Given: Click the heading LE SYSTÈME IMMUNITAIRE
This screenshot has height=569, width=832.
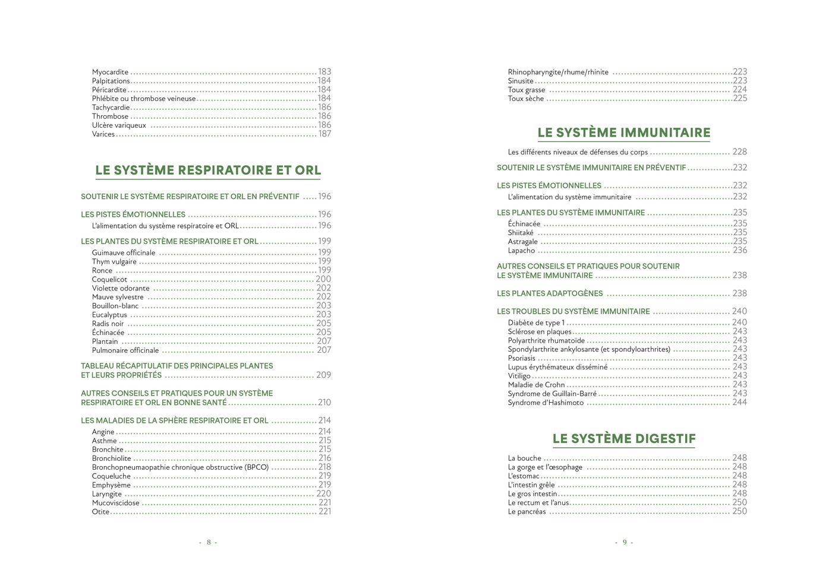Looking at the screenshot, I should [624, 132].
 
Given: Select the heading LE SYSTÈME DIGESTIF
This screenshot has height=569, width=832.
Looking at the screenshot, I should [624, 439].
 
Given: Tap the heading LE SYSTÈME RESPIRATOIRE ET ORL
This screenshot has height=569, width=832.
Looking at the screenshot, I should [208, 170].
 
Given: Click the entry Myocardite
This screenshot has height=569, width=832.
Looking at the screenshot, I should [110, 72].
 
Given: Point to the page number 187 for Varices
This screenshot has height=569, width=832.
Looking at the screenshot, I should [324, 134].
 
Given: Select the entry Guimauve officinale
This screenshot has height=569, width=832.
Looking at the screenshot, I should [124, 252].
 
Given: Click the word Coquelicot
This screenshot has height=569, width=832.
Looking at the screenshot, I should [109, 279].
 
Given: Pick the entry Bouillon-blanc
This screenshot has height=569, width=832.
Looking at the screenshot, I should [115, 306].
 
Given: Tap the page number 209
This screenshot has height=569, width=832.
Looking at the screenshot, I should [324, 375].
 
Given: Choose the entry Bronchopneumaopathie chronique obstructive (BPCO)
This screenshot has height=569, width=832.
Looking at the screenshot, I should [180, 467].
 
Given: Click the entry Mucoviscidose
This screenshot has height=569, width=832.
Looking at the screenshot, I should [115, 502].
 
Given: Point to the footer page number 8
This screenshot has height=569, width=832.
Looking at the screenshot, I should [209, 542].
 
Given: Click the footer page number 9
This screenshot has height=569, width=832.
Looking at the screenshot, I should [624, 542].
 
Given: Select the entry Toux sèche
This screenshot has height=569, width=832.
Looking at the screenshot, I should [526, 99].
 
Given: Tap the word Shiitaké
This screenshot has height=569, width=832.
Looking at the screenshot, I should [521, 233].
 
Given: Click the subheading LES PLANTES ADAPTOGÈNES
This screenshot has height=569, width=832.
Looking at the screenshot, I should [550, 293].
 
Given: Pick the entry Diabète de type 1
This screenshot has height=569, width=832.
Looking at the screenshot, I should [536, 323].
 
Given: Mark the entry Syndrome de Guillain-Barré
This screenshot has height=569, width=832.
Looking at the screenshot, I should [552, 394].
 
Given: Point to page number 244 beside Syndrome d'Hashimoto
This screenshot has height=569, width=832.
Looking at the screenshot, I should [740, 402].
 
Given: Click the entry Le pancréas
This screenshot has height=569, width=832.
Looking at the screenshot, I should [527, 511].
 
